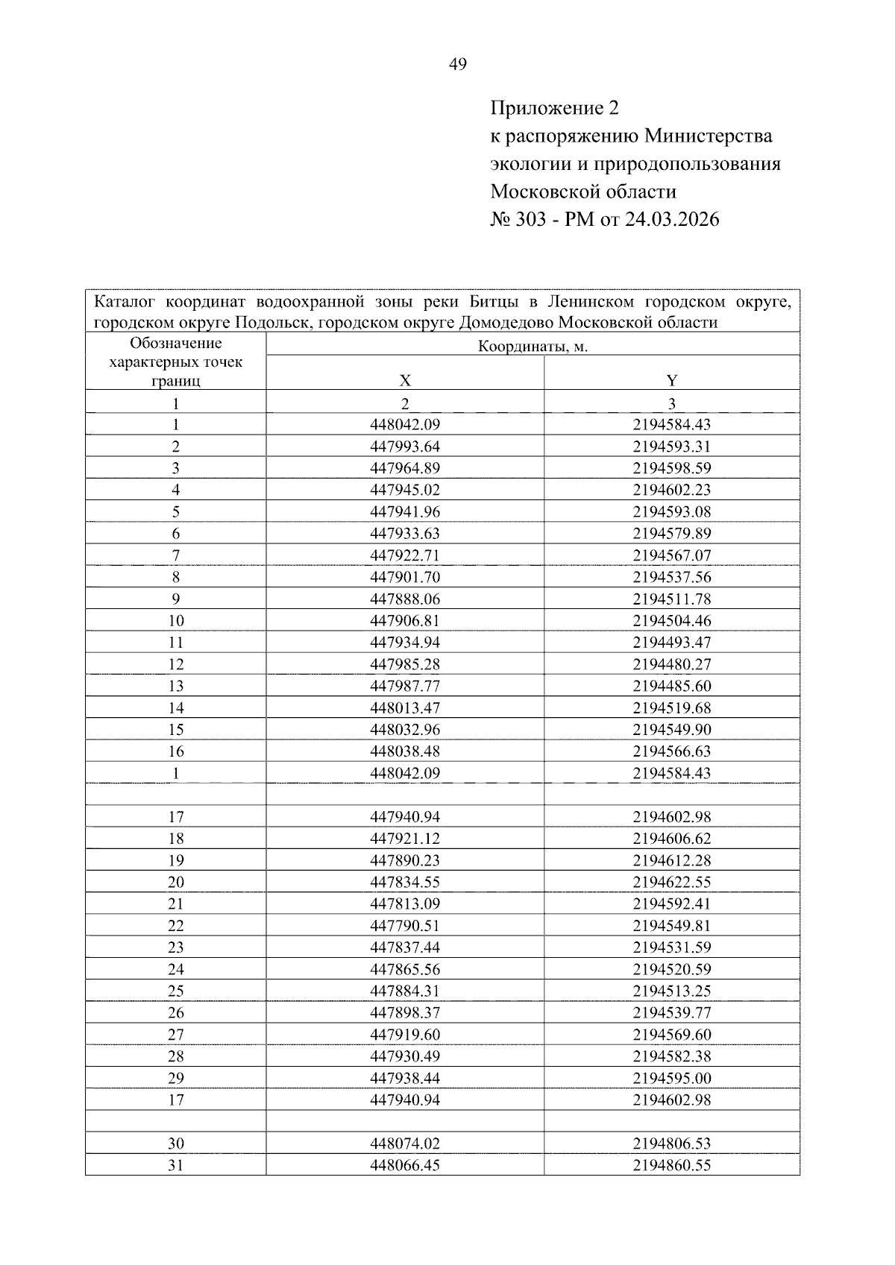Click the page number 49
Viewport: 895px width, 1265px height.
pos(458,65)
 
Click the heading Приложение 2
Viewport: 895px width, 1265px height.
pos(554,109)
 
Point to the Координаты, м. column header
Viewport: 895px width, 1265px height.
pos(533,346)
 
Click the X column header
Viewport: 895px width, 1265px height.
pos(405,380)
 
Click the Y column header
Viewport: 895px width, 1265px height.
pos(671,380)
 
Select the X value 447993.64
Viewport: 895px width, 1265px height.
pos(405,447)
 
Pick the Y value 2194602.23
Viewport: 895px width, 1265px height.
pos(671,490)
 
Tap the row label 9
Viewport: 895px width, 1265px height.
pos(176,599)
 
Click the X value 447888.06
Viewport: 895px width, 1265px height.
pos(405,599)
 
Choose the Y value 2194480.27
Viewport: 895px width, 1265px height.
pos(671,664)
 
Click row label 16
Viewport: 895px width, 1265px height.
pos(176,751)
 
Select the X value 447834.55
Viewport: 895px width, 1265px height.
pos(405,882)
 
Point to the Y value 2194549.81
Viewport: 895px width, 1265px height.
pos(671,926)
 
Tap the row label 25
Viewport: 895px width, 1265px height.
pos(176,991)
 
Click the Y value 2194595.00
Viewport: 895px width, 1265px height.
pos(671,1078)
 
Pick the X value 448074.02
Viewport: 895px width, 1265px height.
pos(405,1143)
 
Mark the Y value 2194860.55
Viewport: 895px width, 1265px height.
pos(671,1165)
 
